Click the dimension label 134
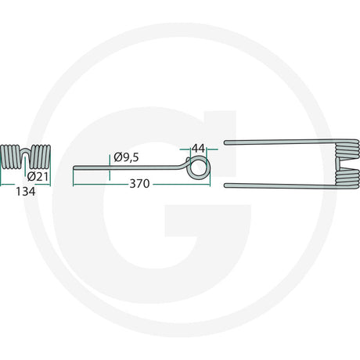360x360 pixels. pos(26,192)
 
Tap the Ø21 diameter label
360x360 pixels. pos(38,177)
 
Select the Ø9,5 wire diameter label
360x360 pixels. pos(126,157)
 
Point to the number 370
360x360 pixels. pos(139,184)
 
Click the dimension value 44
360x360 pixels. pos(198,149)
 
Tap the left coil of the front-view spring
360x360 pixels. pos(10,157)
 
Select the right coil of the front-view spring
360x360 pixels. pos(41,157)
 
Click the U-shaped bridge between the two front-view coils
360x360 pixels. pos(25,151)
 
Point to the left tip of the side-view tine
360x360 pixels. pos(74,167)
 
